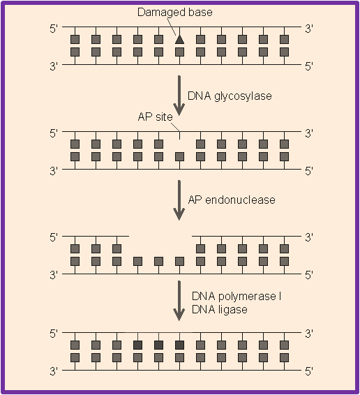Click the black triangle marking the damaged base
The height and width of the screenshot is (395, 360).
coord(179,40)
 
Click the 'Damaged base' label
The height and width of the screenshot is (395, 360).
coord(175,12)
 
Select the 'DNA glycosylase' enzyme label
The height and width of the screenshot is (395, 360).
coord(230,96)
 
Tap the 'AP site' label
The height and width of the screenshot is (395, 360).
coord(155,117)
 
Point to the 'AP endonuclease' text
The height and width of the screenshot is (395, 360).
coord(232,200)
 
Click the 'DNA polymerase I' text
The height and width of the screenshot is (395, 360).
coord(237,296)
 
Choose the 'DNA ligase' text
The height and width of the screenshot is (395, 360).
coord(220,309)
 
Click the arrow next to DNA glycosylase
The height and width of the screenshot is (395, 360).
coord(179,96)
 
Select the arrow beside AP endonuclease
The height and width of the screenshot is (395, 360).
coord(179,200)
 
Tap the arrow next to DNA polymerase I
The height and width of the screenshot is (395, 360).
coord(179,301)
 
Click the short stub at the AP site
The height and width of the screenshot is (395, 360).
coord(179,135)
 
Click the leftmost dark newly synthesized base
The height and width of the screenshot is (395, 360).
coord(138,345)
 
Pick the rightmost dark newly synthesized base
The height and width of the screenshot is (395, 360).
coord(179,345)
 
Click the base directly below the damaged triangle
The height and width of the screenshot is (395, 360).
coord(179,52)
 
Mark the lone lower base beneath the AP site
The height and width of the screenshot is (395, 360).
coord(179,157)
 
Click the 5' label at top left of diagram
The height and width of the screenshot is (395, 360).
coord(54,29)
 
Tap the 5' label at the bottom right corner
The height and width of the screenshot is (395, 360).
coord(309,371)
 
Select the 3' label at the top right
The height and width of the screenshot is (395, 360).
coord(309,29)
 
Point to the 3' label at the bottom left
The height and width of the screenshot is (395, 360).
coord(54,371)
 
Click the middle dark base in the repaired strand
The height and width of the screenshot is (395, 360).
coord(158,345)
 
